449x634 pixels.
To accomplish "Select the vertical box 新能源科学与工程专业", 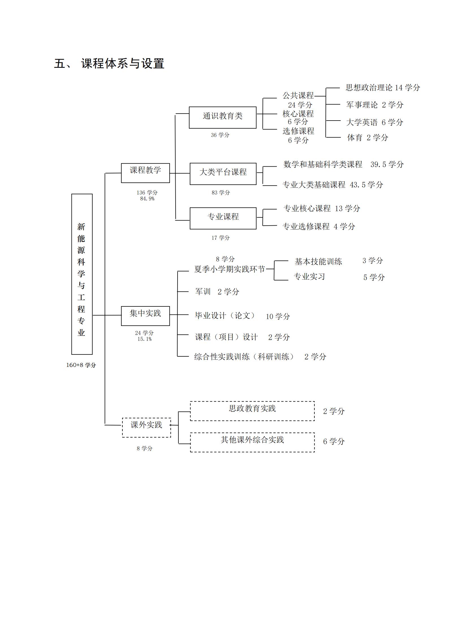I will tap(82, 274).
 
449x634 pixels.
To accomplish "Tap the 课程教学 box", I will tap(145, 173).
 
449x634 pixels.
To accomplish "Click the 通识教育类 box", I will tap(223, 117).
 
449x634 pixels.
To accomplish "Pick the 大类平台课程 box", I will tap(223, 174).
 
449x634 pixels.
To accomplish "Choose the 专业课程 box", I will tap(223, 218).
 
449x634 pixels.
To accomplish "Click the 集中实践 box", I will tap(145, 316).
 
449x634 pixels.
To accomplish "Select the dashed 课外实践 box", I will tap(146, 427).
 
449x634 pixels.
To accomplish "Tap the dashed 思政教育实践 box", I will tap(252, 411).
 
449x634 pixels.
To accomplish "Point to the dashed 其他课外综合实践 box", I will tap(252, 442).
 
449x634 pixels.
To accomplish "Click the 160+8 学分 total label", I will tap(81, 365).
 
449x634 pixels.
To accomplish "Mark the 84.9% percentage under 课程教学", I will tap(147, 199).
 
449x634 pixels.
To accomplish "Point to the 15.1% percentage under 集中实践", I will tap(144, 339).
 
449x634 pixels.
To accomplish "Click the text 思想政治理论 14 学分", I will tap(383, 88).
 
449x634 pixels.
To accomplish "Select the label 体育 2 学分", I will tap(368, 138).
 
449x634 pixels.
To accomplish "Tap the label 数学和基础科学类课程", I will tap(323, 164).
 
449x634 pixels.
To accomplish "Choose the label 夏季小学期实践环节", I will tap(229, 269).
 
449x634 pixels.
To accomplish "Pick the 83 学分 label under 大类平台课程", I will tap(221, 193).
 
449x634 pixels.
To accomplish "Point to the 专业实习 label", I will tap(309, 276).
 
